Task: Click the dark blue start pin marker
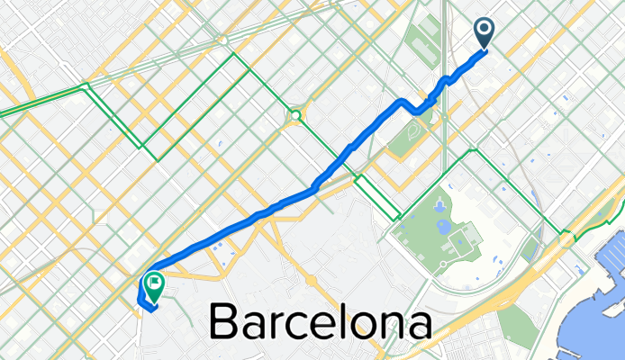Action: tap(485, 33)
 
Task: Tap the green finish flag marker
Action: tap(154, 284)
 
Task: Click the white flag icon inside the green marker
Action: tap(154, 283)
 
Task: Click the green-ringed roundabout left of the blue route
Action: tap(294, 115)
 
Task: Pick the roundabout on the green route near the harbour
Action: tap(566, 239)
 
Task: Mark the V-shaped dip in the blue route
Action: tap(416, 111)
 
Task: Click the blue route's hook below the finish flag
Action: tap(143, 301)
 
